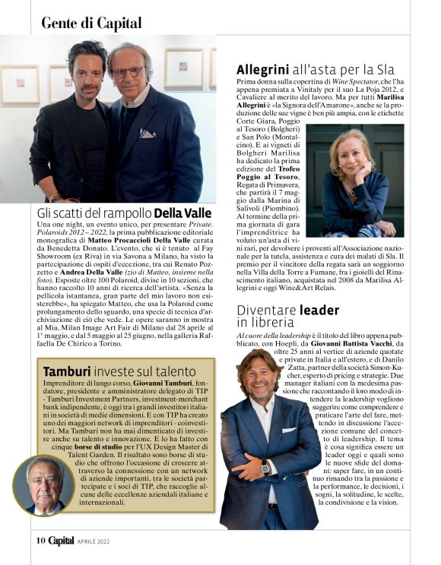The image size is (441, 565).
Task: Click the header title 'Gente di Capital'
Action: coord(91,22)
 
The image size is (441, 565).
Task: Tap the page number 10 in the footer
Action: coord(40,541)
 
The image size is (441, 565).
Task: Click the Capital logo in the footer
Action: coord(62,541)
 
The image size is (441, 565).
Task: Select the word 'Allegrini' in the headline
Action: coord(265,70)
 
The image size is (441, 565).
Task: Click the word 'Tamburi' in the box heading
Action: coord(67,371)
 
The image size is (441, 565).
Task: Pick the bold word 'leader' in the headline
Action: coord(319,310)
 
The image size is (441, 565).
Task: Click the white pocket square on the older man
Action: coord(147,132)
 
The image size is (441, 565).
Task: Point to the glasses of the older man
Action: coord(129,72)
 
